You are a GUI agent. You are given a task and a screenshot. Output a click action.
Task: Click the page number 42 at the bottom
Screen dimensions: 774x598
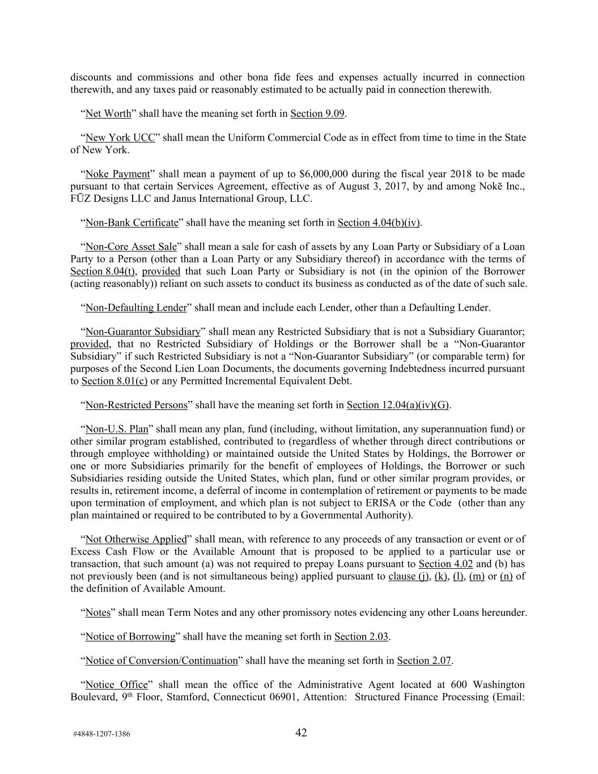click(301, 733)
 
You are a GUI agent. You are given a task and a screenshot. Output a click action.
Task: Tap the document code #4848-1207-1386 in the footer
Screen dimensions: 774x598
click(101, 734)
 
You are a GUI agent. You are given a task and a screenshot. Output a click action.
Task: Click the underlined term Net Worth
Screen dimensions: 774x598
click(108, 113)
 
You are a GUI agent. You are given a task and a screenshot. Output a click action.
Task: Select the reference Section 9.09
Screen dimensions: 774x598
click(317, 113)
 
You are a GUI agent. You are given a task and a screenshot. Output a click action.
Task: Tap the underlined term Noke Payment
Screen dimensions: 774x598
click(117, 174)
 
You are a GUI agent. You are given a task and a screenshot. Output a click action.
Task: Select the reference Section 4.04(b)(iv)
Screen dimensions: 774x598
click(379, 223)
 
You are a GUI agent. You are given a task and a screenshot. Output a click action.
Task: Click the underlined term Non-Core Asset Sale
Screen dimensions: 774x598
click(131, 247)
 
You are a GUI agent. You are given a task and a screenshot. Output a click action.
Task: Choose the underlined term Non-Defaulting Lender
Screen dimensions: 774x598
click(135, 308)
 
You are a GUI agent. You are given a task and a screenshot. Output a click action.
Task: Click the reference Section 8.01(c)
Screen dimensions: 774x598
click(114, 381)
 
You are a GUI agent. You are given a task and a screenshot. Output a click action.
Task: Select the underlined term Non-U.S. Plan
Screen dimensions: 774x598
click(116, 429)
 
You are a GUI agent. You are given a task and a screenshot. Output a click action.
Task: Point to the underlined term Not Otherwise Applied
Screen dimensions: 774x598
click(136, 539)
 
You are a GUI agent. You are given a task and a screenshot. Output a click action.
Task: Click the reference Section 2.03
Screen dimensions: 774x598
click(361, 637)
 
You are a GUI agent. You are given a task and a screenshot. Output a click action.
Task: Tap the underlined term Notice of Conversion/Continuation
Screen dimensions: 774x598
click(162, 661)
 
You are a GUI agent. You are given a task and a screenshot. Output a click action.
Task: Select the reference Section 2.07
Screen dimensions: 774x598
click(424, 661)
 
